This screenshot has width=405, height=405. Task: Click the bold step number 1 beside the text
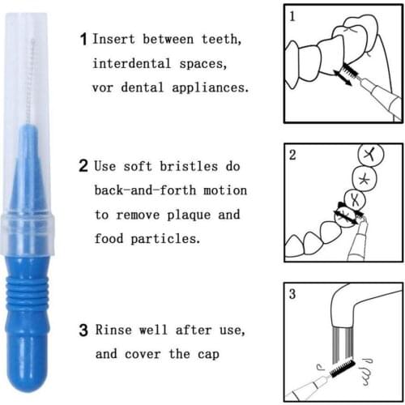(x=83, y=38)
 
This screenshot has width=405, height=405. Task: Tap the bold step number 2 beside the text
(x=83, y=167)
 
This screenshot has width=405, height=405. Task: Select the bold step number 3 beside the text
(x=83, y=330)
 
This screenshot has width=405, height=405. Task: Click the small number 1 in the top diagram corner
(x=292, y=15)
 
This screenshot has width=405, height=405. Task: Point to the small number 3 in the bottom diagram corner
(x=292, y=295)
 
